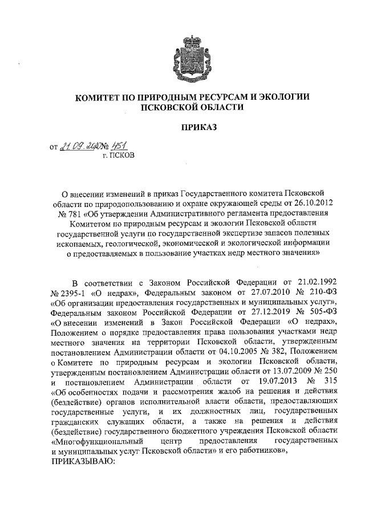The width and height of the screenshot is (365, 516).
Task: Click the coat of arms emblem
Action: (x=192, y=54)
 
